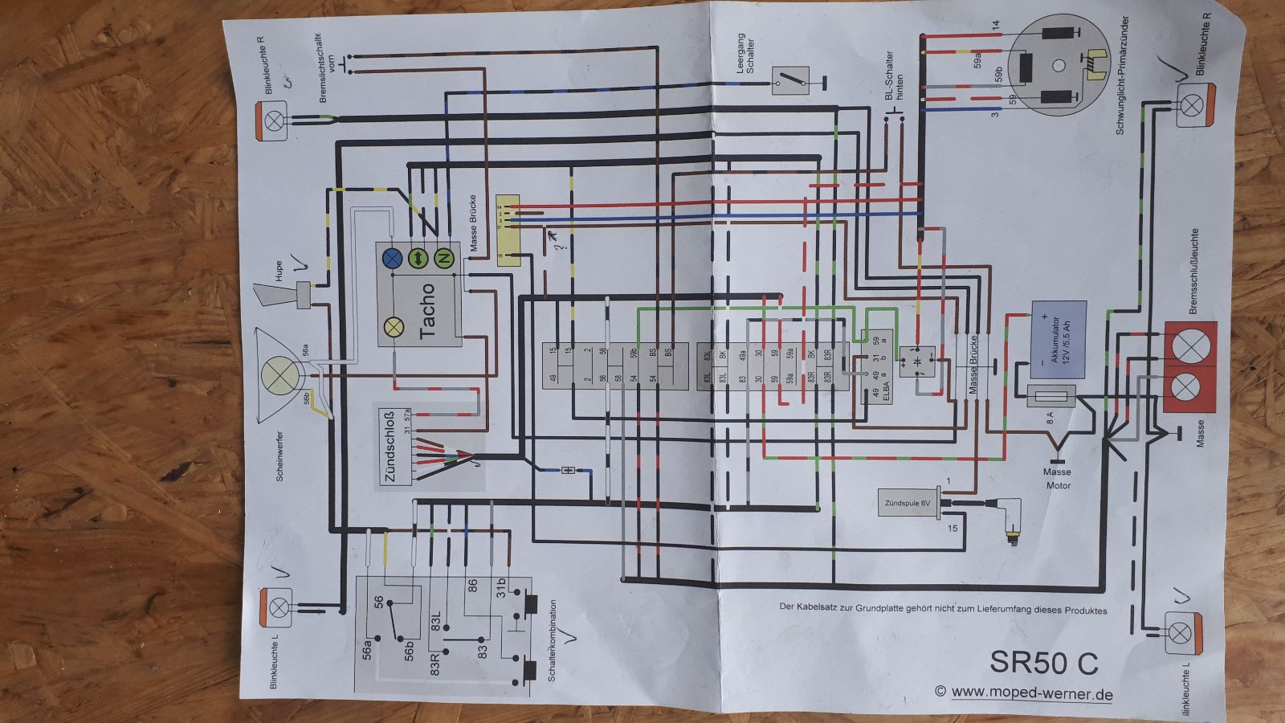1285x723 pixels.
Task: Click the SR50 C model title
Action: [x=1043, y=662]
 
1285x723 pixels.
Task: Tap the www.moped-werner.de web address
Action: [x=1032, y=692]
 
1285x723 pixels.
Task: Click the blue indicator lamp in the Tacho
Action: [x=393, y=258]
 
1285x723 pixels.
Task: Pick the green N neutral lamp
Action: [x=444, y=258]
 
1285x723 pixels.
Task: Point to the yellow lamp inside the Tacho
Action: [x=394, y=327]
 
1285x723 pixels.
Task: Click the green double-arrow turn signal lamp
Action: [x=418, y=258]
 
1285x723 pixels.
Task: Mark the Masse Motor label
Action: [x=1058, y=479]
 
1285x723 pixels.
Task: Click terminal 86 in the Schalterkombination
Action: [x=472, y=586]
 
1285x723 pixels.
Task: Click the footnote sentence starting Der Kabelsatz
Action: [x=943, y=609]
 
